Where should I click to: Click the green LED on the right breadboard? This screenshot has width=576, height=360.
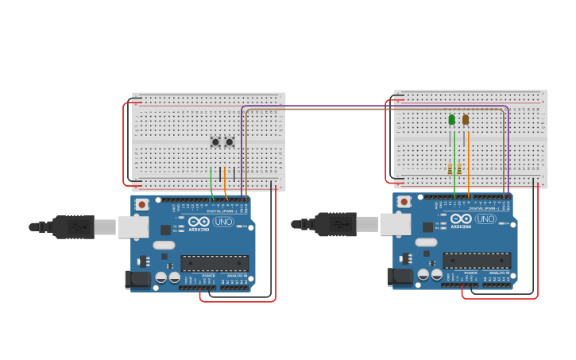(x=452, y=119)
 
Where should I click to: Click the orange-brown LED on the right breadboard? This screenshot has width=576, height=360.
(x=466, y=120)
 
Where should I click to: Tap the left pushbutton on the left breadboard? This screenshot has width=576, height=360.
(x=215, y=142)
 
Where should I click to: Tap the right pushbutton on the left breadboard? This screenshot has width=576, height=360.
(x=230, y=142)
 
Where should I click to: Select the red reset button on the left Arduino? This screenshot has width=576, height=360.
(x=141, y=204)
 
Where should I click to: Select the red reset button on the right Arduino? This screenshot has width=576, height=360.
(x=404, y=202)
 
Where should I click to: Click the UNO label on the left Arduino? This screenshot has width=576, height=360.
(x=223, y=222)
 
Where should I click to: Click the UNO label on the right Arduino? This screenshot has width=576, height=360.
(x=485, y=219)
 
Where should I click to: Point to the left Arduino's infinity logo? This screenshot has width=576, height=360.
(x=199, y=222)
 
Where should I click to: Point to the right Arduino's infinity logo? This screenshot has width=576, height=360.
(x=461, y=219)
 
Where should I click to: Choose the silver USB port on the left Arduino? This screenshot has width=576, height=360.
(x=133, y=227)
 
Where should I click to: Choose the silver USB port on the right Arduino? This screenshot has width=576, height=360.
(x=395, y=224)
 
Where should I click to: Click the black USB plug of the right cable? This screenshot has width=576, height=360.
(x=335, y=224)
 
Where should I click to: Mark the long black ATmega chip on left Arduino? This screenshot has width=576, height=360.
(x=215, y=263)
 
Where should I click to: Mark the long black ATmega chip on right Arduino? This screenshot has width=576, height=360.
(x=477, y=260)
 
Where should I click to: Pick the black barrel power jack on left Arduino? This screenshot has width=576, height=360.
(x=138, y=279)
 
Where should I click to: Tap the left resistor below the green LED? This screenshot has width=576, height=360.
(x=450, y=168)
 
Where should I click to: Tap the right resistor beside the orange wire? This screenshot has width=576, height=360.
(x=459, y=168)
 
